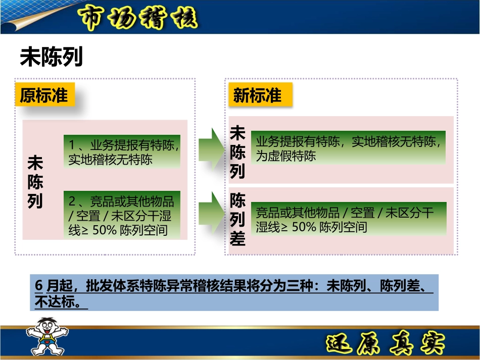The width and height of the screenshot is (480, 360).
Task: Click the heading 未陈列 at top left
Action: (51, 58)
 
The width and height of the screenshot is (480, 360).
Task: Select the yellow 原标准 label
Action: (44, 94)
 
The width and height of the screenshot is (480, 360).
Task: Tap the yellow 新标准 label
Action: (258, 94)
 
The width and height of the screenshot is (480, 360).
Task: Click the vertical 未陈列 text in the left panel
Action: (35, 182)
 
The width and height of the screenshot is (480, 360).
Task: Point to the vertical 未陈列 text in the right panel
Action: (237, 152)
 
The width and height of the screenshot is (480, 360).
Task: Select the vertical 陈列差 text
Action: (237, 219)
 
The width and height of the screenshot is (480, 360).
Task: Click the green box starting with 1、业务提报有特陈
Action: (122, 151)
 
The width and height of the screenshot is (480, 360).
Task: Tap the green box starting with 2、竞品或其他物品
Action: (122, 216)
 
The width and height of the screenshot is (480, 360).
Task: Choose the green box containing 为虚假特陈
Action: (351, 148)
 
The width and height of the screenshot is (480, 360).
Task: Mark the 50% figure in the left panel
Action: (106, 230)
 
